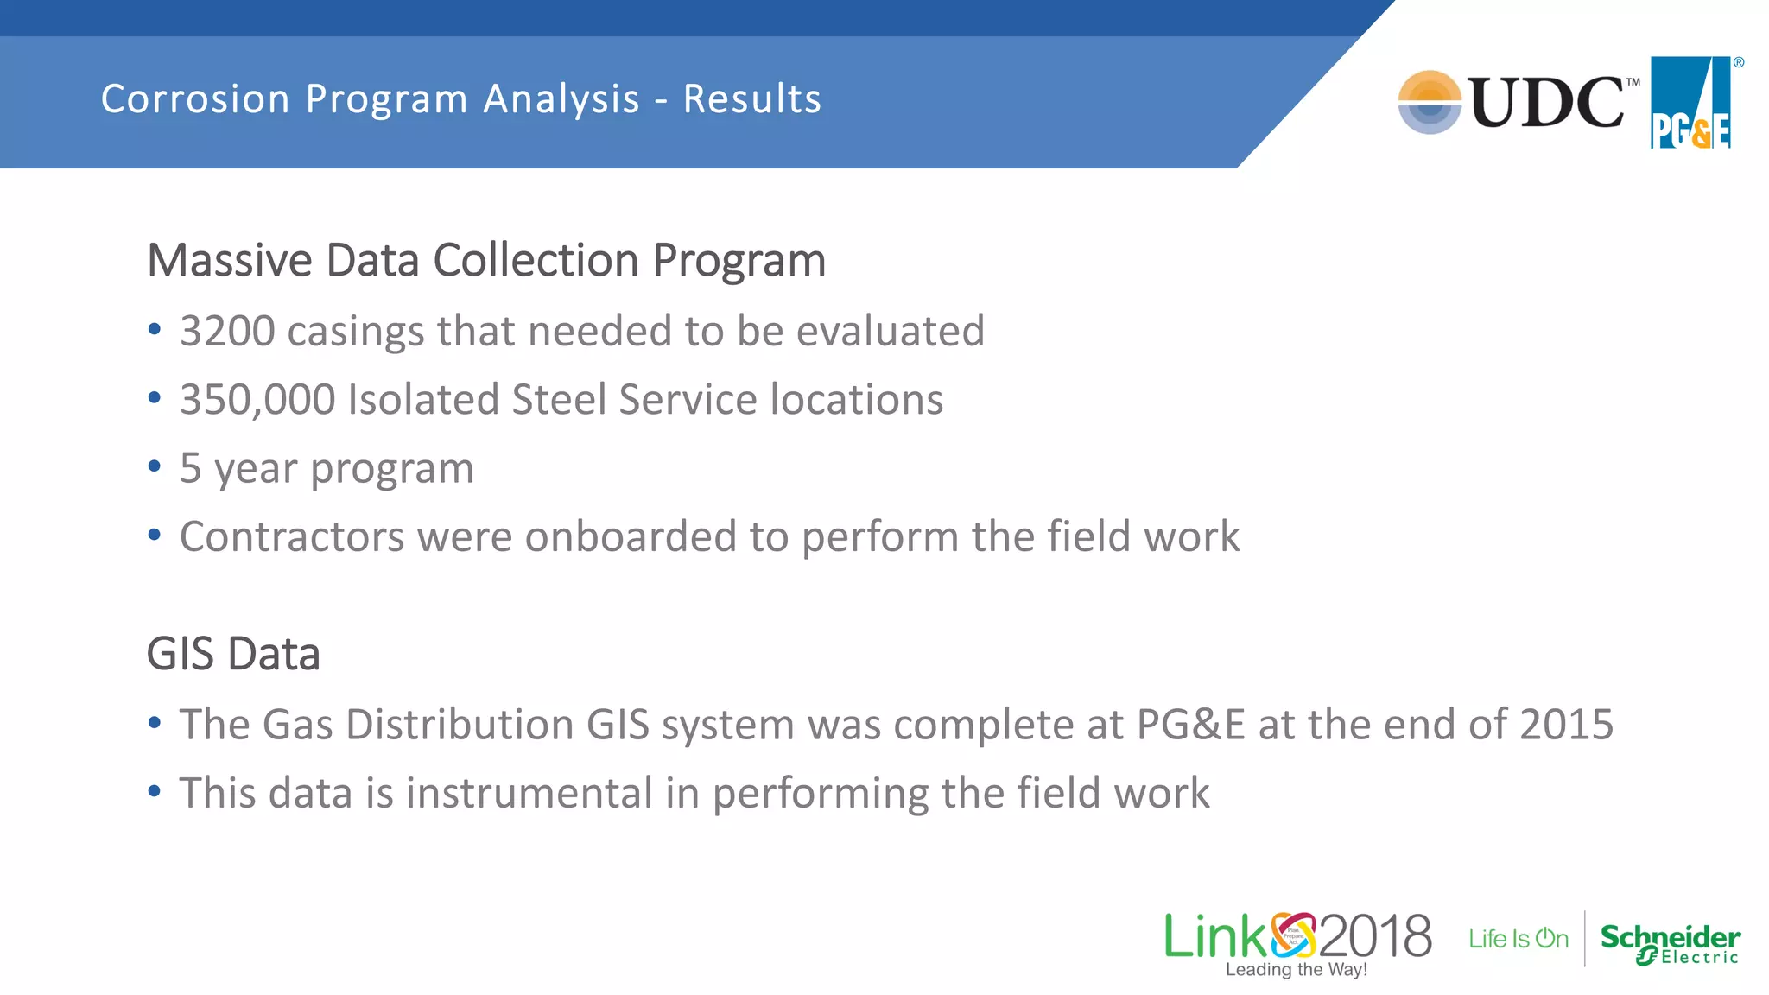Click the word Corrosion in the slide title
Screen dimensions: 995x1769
pyautogui.click(x=195, y=98)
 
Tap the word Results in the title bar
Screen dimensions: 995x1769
pyautogui.click(x=752, y=98)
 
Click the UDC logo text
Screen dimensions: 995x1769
pyautogui.click(x=1546, y=103)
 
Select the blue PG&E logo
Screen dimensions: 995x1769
pyautogui.click(x=1690, y=103)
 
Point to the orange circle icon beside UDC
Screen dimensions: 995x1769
pyautogui.click(x=1430, y=102)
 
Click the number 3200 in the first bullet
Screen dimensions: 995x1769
pyautogui.click(x=227, y=331)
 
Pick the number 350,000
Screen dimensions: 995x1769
pyautogui.click(x=257, y=400)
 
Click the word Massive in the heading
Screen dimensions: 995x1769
pyautogui.click(x=230, y=260)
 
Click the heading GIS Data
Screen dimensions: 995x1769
pyautogui.click(x=233, y=654)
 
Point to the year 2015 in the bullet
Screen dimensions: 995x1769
pyautogui.click(x=1566, y=724)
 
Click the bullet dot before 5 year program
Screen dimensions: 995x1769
pyautogui.click(x=155, y=466)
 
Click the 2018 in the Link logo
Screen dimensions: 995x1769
pyautogui.click(x=1375, y=936)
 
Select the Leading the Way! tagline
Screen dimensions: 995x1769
pyautogui.click(x=1297, y=970)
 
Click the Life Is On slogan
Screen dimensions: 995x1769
pyautogui.click(x=1519, y=939)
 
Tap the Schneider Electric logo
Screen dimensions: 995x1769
pyautogui.click(x=1670, y=942)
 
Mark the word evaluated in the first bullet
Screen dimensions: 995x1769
pyautogui.click(x=890, y=331)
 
